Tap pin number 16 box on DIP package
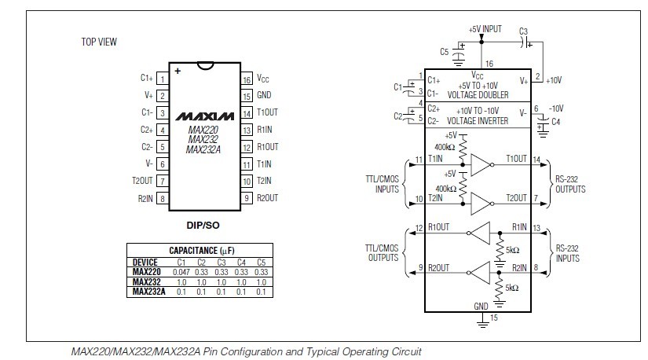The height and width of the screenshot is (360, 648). click(x=246, y=79)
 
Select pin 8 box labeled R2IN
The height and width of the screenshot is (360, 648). click(x=162, y=199)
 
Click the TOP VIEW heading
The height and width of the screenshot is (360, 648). click(x=100, y=41)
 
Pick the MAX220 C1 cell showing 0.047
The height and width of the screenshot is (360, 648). click(x=181, y=272)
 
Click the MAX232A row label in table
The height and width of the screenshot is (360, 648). click(x=148, y=292)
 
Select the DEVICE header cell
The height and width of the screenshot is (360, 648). click(x=145, y=263)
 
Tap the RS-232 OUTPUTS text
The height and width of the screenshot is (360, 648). click(x=569, y=184)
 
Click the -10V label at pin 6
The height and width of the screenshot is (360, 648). click(x=555, y=108)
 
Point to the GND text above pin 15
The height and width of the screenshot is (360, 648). click(x=481, y=305)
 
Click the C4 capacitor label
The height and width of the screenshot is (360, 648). click(x=556, y=121)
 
